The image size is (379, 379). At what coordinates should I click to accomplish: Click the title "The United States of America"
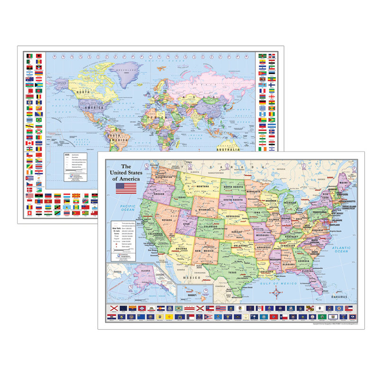126,172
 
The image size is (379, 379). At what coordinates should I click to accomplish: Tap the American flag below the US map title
126,189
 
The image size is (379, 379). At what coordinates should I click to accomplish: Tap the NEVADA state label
167,220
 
